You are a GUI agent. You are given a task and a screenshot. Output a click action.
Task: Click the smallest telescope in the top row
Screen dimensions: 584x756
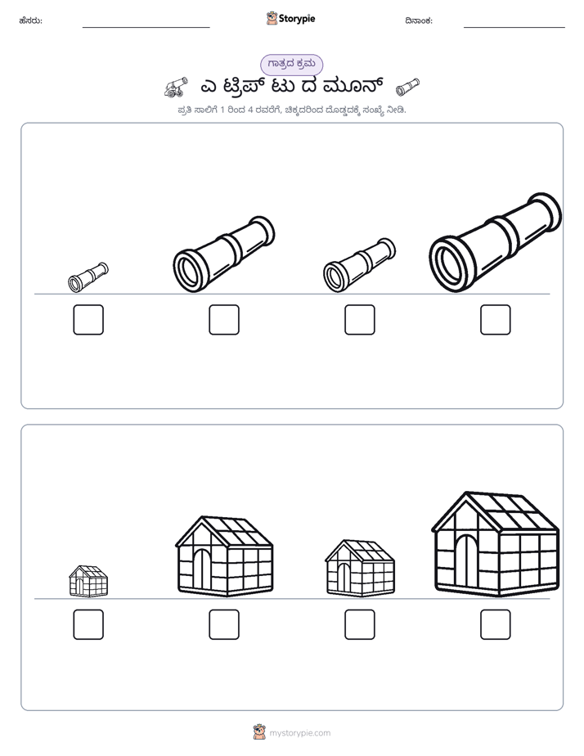point(88,277)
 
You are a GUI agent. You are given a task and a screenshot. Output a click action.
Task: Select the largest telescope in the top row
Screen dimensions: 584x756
point(496,242)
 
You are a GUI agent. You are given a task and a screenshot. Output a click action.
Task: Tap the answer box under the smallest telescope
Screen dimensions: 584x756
point(88,320)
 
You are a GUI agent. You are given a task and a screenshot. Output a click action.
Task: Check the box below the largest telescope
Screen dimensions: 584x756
point(496,320)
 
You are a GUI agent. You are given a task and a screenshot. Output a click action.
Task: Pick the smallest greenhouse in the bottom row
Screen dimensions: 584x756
point(88,581)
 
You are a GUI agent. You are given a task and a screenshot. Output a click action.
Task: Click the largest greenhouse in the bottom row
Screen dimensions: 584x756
point(496,544)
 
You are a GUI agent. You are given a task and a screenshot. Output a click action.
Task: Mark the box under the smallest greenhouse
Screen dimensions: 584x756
point(88,624)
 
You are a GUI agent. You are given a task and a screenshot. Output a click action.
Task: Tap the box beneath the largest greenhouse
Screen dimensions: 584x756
point(496,624)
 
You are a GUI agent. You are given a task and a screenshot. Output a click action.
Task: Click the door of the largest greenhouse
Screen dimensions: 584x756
point(465,561)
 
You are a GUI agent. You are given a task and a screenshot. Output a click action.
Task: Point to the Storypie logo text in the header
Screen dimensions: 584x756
point(297,19)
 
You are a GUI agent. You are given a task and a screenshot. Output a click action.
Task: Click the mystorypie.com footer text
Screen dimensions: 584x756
point(299,733)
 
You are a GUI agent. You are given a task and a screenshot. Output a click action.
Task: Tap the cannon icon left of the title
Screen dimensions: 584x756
point(175,87)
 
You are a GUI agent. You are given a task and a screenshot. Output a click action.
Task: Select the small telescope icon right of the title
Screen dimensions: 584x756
point(407,88)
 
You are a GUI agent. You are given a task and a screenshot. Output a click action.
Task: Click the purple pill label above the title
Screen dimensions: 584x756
point(291,65)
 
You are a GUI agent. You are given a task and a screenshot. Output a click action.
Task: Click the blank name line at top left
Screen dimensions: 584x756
point(146,27)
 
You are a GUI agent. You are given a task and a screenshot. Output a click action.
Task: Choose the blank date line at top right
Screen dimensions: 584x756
point(514,27)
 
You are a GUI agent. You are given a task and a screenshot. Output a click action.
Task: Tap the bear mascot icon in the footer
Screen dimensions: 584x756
point(259,732)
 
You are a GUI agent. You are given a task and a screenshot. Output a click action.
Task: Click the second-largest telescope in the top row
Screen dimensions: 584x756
point(224,254)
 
